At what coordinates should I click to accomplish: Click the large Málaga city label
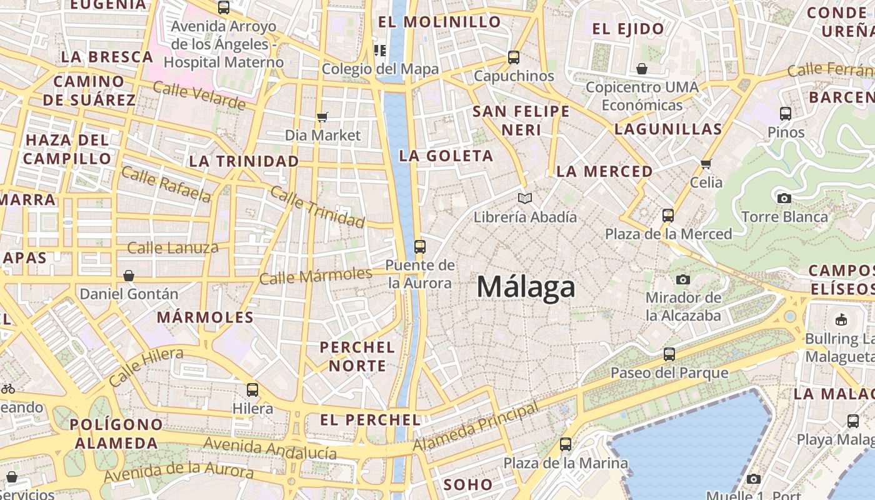[x=526, y=287]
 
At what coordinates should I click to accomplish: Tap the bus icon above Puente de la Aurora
[x=420, y=246]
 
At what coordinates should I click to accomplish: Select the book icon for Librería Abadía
[x=525, y=199]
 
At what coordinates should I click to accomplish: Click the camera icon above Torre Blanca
[x=784, y=199]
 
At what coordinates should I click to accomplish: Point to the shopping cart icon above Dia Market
[x=322, y=117]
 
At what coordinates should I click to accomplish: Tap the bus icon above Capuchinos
[x=514, y=57]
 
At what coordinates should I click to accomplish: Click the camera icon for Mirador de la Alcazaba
[x=683, y=279]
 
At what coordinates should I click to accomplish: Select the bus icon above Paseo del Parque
[x=669, y=354]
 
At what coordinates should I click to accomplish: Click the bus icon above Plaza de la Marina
[x=566, y=444]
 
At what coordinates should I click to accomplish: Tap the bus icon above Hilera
[x=252, y=390]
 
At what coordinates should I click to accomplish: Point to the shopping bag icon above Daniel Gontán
[x=129, y=275]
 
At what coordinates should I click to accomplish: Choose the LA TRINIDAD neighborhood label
[x=244, y=161]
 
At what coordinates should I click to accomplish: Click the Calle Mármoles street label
[x=316, y=276]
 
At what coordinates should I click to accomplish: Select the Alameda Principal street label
[x=476, y=427]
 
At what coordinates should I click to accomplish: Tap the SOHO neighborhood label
[x=468, y=484]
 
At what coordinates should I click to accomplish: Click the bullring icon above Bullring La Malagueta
[x=841, y=320]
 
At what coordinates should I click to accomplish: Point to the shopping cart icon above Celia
[x=706, y=164]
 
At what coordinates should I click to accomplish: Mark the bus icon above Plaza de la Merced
[x=668, y=216]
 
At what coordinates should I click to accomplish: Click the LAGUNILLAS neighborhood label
[x=668, y=129]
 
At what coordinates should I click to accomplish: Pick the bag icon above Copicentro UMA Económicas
[x=641, y=68]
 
